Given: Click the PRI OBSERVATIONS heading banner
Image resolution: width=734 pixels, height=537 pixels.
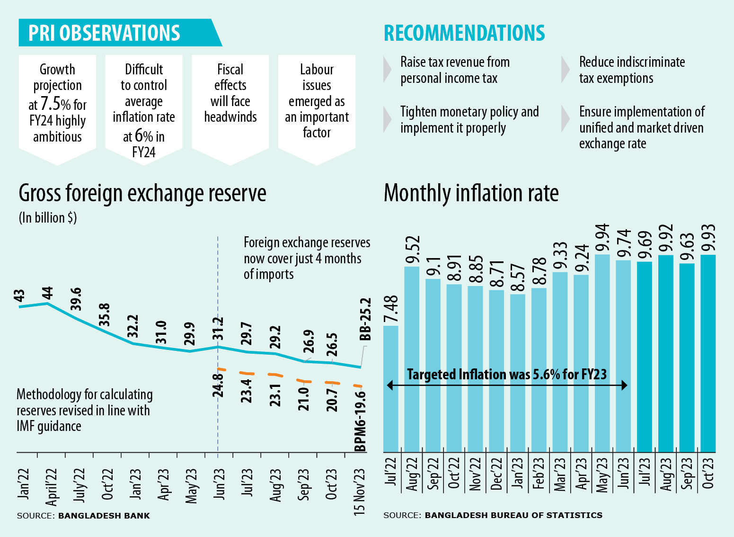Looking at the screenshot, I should coord(105,33).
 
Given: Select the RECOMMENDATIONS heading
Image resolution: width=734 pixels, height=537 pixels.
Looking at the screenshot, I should coord(464,33).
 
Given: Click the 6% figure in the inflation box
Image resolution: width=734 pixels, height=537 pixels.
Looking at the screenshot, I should coord(143,136).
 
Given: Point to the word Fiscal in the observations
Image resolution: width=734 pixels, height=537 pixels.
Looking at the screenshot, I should coord(230,70).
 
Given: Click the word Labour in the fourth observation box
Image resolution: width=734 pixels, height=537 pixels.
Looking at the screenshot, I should coord(317,70).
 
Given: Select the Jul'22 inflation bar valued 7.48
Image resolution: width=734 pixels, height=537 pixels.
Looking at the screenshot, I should coord(390,388).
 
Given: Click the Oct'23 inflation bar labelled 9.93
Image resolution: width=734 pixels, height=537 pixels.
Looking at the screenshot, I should coord(708,353).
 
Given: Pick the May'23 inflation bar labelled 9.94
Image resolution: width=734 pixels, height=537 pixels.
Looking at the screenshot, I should coord(602,353).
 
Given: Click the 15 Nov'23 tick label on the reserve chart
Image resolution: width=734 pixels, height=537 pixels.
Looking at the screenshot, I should coord(360,491).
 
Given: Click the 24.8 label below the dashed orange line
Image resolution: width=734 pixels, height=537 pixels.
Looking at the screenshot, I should coord(218,385).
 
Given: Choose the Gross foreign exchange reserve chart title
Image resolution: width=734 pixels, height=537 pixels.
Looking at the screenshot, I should coord(142,193).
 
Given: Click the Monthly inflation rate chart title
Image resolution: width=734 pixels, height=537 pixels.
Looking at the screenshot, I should coord(471,193).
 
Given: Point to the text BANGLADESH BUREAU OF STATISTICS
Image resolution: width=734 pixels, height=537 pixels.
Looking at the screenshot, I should coord(513,515).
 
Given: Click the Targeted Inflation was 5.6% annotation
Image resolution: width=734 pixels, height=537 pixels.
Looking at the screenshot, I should coord(506,375).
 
